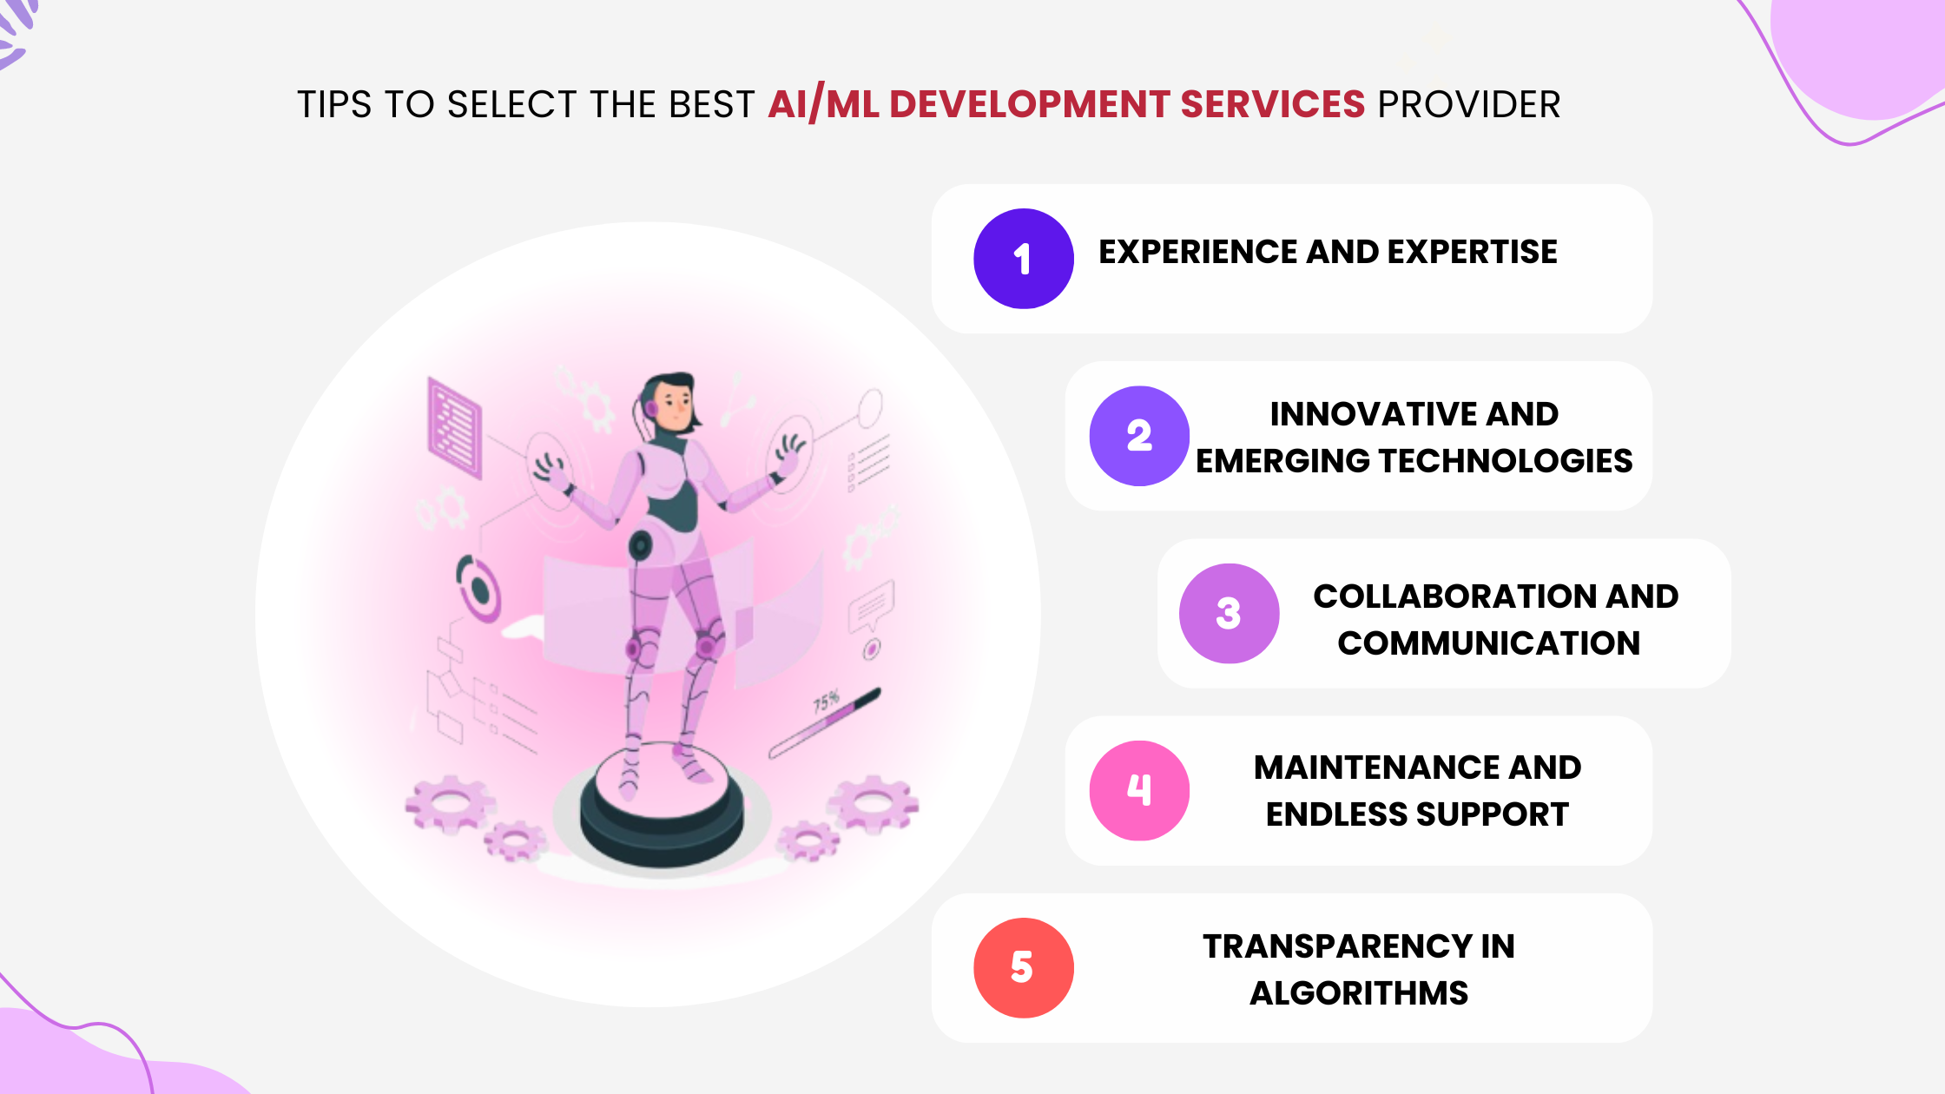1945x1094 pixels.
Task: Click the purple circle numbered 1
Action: tap(1024, 259)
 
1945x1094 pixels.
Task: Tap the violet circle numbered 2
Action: tap(1139, 436)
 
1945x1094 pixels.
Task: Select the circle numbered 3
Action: tap(1229, 614)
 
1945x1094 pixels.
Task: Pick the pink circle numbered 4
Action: tap(1139, 790)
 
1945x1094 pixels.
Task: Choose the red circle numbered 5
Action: tap(1024, 968)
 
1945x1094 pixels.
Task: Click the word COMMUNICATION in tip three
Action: tap(1488, 643)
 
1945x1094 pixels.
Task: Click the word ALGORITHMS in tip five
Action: tap(1359, 993)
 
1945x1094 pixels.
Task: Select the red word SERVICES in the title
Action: tap(1272, 104)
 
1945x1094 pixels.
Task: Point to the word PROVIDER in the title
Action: tap(1469, 104)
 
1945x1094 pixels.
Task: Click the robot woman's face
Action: tap(674, 405)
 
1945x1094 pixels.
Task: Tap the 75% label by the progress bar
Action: tap(827, 701)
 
